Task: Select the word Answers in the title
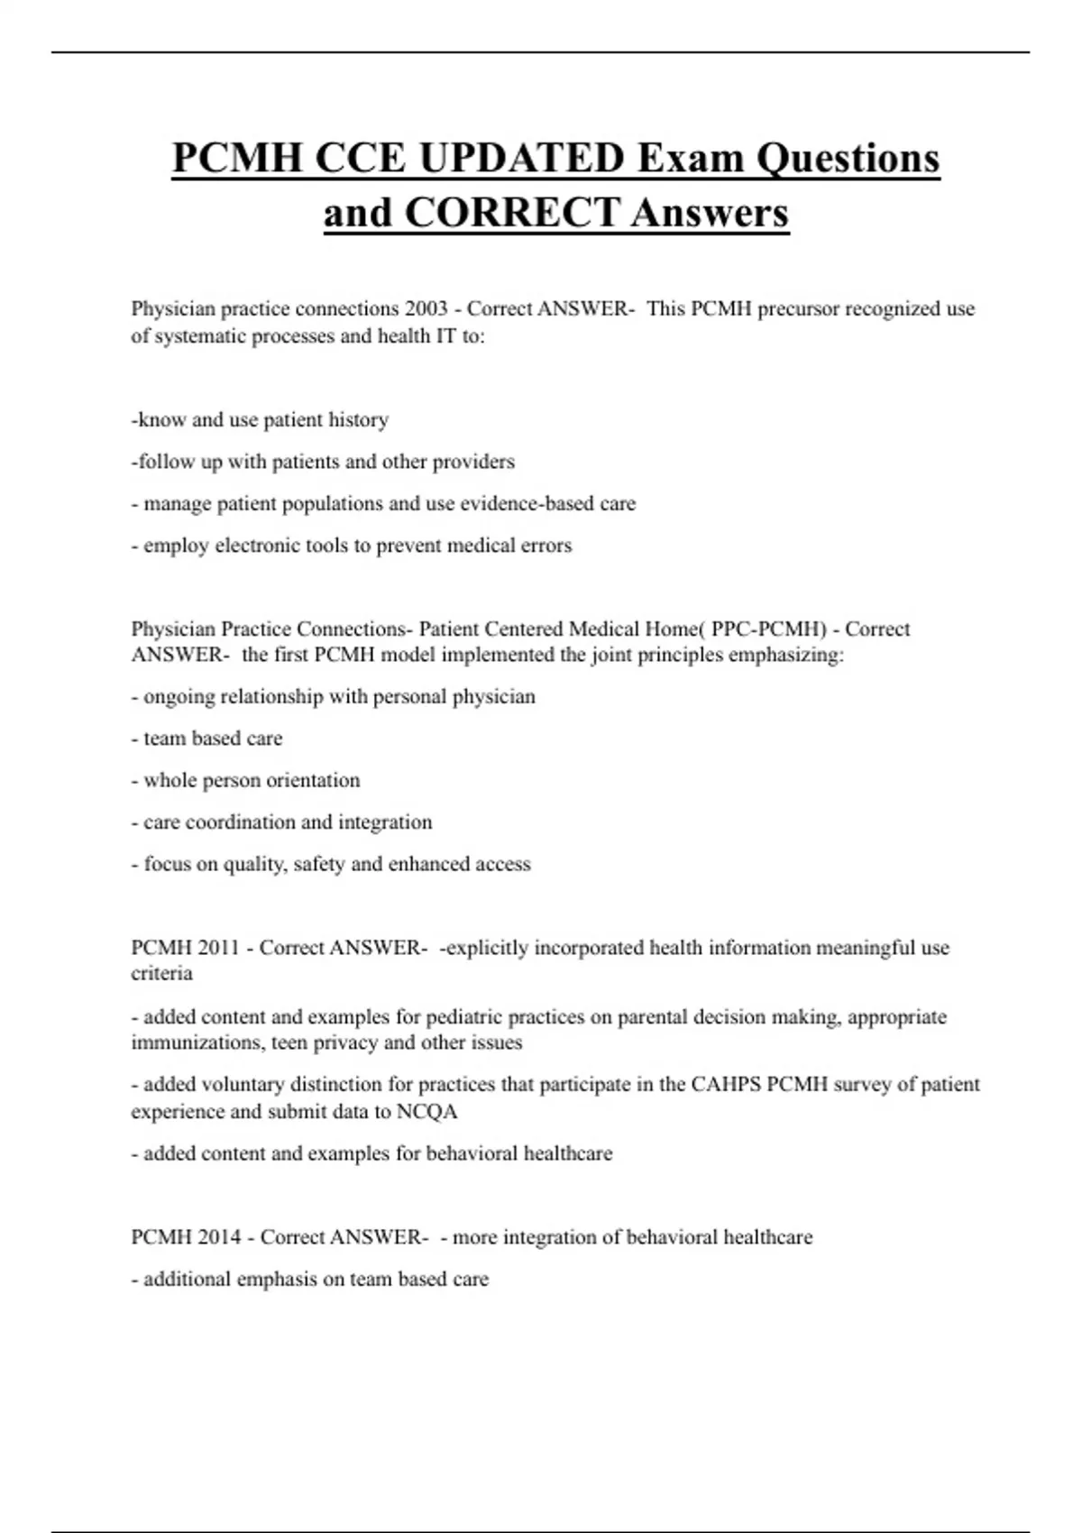click(710, 214)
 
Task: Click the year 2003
click(426, 308)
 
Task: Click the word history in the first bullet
click(358, 419)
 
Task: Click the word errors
click(546, 546)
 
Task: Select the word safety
click(318, 864)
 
